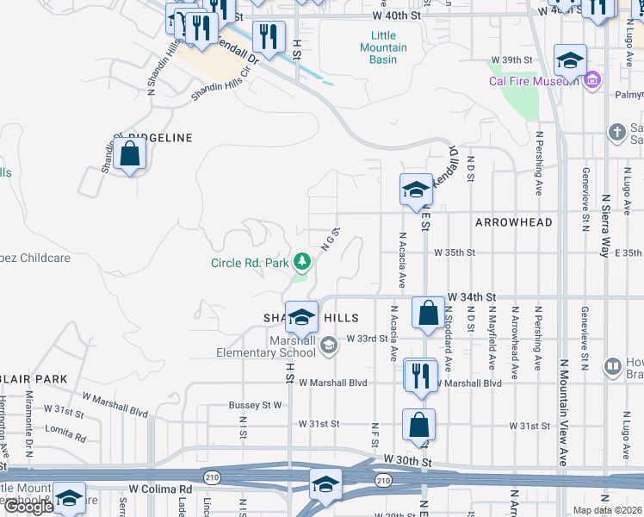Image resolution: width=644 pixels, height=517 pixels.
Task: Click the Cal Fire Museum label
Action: [535, 81]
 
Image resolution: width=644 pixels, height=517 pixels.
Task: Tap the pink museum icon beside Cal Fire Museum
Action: [591, 81]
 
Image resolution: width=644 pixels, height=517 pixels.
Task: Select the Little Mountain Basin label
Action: [383, 53]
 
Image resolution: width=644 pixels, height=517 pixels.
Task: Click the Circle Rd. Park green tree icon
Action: [301, 260]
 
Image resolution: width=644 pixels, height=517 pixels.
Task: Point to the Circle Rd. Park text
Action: [251, 263]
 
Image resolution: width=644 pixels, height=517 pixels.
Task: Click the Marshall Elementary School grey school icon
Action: [328, 346]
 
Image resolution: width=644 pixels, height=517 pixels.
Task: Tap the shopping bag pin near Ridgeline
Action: [130, 155]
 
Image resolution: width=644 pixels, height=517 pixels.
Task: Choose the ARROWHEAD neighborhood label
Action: [513, 222]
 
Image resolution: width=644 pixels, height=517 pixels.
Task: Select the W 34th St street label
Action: [473, 296]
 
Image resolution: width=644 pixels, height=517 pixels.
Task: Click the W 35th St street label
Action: [455, 252]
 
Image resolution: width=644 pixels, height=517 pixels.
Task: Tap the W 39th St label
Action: [513, 59]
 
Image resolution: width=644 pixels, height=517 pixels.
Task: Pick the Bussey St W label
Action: [256, 404]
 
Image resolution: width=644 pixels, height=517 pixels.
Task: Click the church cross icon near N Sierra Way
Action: [616, 132]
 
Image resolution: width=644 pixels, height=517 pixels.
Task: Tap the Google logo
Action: [28, 507]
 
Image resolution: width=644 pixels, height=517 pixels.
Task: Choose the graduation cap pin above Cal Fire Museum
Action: [570, 62]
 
